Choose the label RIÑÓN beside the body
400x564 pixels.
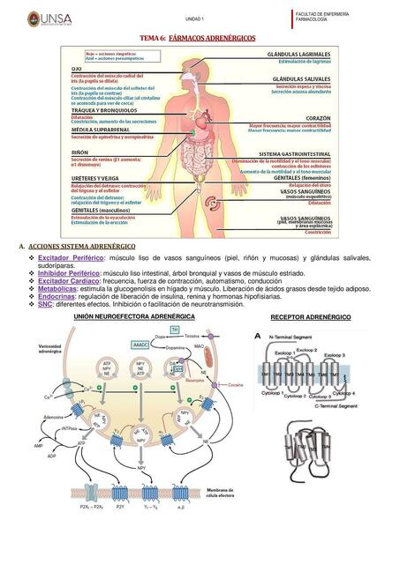[x=80, y=152]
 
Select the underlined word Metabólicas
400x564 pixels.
[x=57, y=287]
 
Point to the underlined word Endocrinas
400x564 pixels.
[x=57, y=296]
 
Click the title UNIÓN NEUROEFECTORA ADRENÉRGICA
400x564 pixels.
[x=121, y=315]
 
